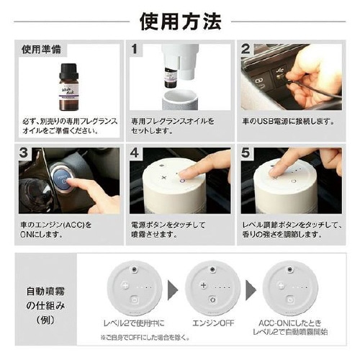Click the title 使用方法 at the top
click(x=180, y=21)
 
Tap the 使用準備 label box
click(x=41, y=50)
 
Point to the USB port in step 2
click(x=280, y=76)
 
